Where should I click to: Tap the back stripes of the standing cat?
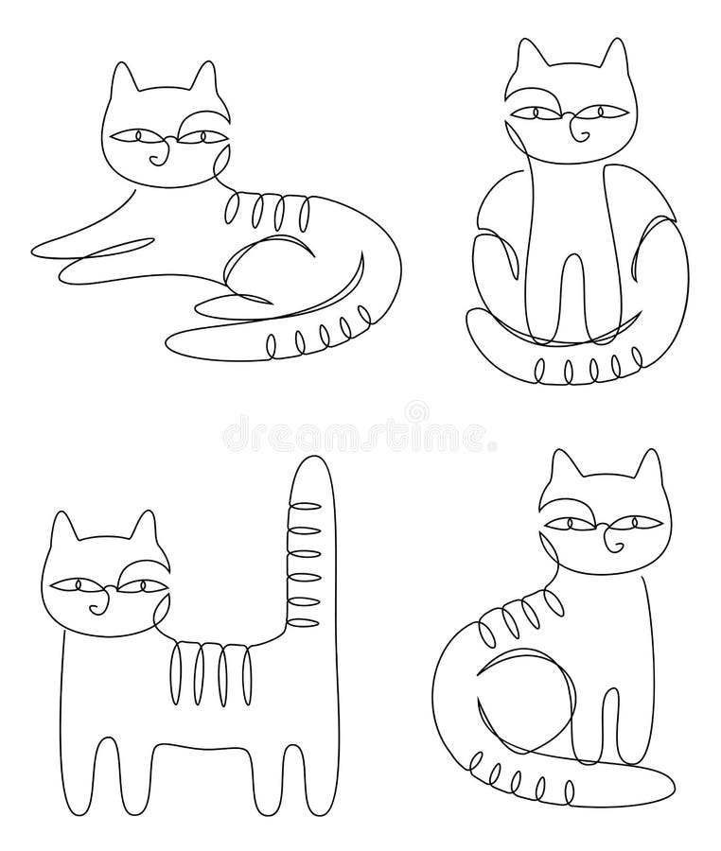[x=217, y=667]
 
